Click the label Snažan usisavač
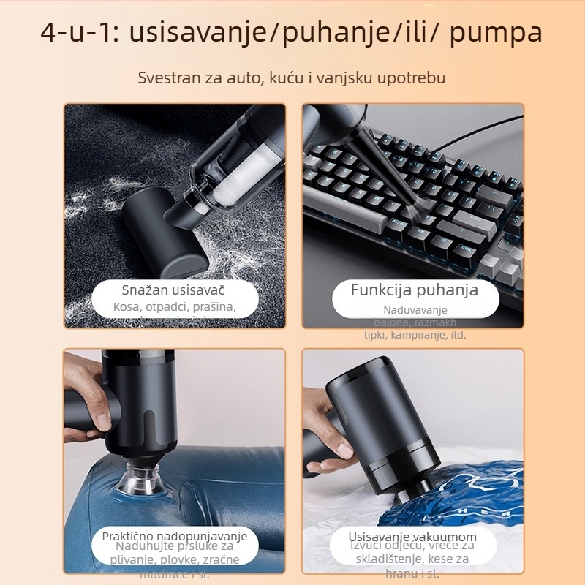point(175,290)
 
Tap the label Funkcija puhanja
point(414,290)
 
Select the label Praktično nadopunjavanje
point(175,536)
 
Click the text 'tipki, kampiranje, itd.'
point(415,335)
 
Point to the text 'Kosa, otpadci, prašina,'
point(175,307)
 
